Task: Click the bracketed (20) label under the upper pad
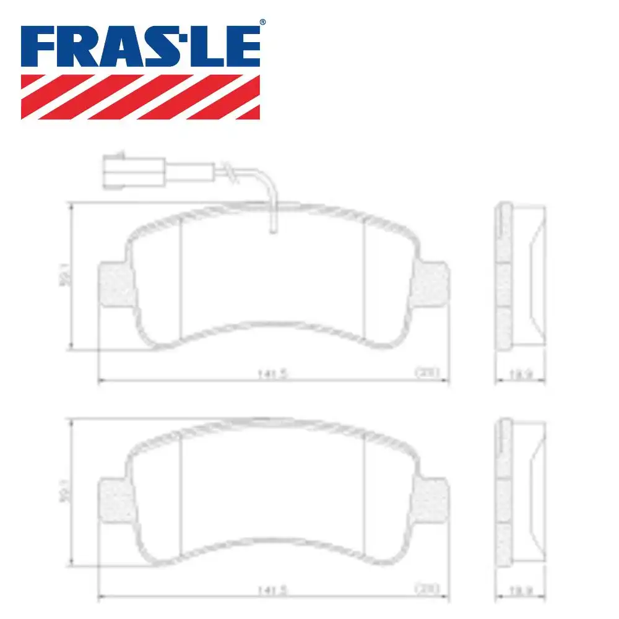(x=426, y=372)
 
